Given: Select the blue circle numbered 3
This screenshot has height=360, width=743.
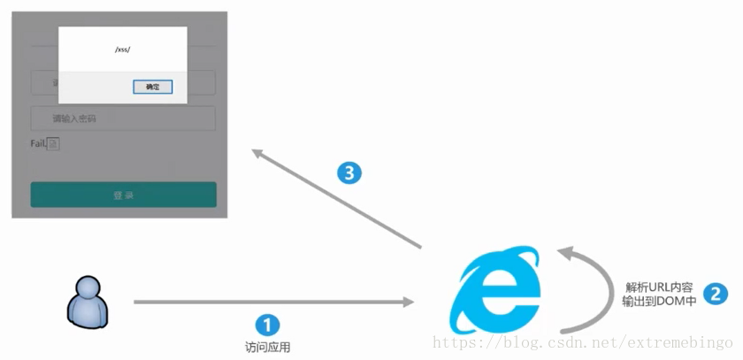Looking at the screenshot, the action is (350, 173).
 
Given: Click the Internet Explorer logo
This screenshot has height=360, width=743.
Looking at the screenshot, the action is (495, 288).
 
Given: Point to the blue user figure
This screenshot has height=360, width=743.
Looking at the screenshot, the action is (88, 300).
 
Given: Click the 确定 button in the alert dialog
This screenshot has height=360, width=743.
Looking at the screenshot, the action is (153, 87).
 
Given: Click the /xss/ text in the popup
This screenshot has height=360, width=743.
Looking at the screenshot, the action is (123, 50).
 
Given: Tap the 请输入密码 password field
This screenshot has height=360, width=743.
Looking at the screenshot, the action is (124, 119).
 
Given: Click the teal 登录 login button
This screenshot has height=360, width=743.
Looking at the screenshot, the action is (123, 195).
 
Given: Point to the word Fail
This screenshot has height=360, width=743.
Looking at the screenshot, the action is (37, 143).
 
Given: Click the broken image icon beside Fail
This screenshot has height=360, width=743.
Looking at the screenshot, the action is (53, 144).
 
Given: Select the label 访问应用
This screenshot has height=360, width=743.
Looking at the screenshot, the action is (267, 348).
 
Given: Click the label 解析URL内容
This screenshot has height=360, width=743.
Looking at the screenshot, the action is (661, 287).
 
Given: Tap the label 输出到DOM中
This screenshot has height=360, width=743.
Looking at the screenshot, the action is (659, 303).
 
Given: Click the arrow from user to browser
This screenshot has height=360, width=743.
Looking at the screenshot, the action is (274, 303).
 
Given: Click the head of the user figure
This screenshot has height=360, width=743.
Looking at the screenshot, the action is (89, 287).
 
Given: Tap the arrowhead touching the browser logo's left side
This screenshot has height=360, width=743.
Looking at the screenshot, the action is (408, 303).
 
